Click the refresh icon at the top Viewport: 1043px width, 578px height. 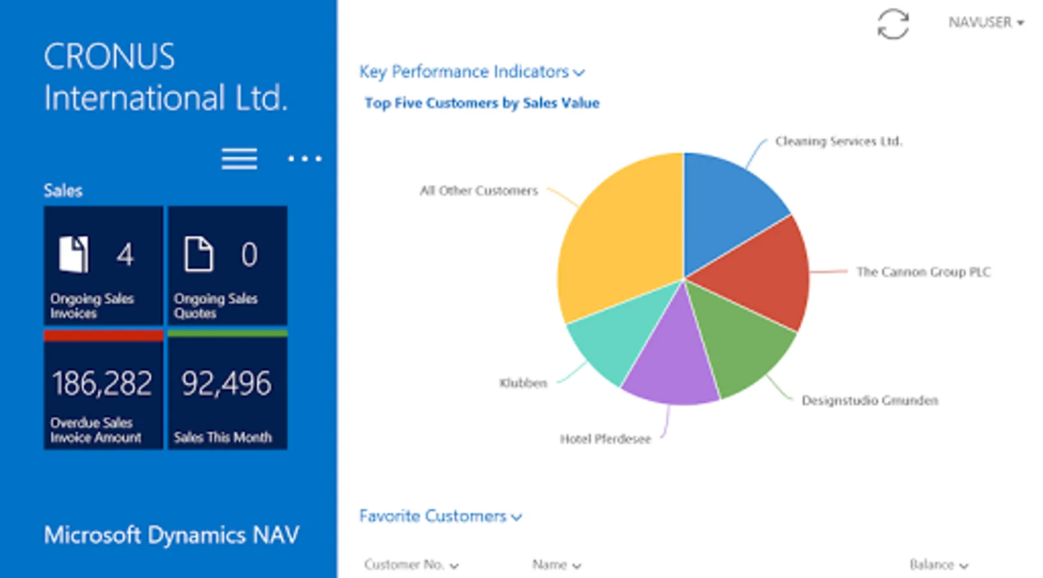click(893, 24)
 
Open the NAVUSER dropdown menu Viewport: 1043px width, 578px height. click(986, 22)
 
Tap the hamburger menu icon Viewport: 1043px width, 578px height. click(239, 159)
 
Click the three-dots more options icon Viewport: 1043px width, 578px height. click(305, 159)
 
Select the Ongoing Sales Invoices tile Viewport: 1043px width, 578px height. click(103, 265)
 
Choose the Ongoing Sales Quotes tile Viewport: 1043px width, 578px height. click(227, 265)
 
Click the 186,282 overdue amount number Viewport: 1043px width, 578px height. click(102, 383)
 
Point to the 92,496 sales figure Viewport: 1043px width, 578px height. click(226, 383)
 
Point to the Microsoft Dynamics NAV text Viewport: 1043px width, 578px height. click(172, 535)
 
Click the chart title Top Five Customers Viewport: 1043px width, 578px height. click(482, 103)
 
